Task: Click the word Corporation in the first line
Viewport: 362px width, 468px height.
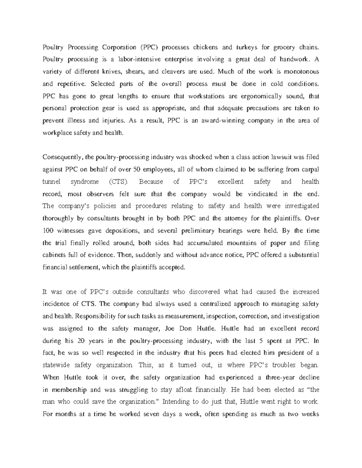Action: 119,47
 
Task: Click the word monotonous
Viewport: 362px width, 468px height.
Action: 302,72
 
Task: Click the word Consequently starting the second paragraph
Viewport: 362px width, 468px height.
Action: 62,157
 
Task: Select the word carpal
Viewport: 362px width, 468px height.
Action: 310,169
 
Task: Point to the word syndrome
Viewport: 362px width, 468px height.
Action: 84,182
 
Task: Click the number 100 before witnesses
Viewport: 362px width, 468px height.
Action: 47,231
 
